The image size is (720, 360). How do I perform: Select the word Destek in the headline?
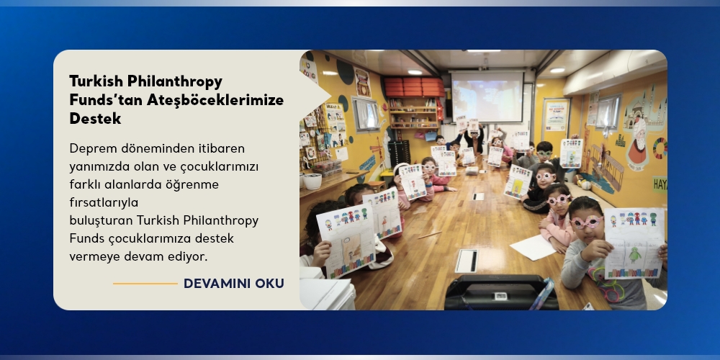(95, 119)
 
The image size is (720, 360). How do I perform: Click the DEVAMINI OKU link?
(234, 283)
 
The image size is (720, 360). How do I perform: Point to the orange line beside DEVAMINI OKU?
(145, 284)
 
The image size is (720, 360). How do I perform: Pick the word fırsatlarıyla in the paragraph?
(104, 202)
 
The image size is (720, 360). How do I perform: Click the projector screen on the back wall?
(487, 96)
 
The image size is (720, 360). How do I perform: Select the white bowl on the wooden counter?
(312, 181)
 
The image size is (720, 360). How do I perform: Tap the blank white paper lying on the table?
(533, 247)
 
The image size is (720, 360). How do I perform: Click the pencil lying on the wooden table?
(430, 235)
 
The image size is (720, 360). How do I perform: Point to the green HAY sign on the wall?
(660, 184)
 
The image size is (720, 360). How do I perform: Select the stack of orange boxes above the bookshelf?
(414, 87)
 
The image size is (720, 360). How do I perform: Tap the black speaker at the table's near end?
(501, 293)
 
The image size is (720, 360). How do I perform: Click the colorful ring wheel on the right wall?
(660, 148)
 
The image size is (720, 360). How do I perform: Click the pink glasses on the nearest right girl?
(586, 222)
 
